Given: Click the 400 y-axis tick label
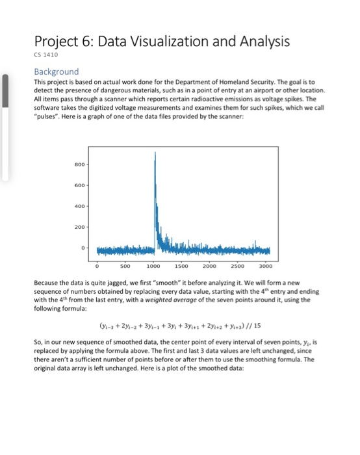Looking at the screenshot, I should (x=83, y=206).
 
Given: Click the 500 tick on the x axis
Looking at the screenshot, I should (x=125, y=266).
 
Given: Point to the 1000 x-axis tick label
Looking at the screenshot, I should (x=154, y=266).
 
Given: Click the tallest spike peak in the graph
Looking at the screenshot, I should (x=155, y=158).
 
